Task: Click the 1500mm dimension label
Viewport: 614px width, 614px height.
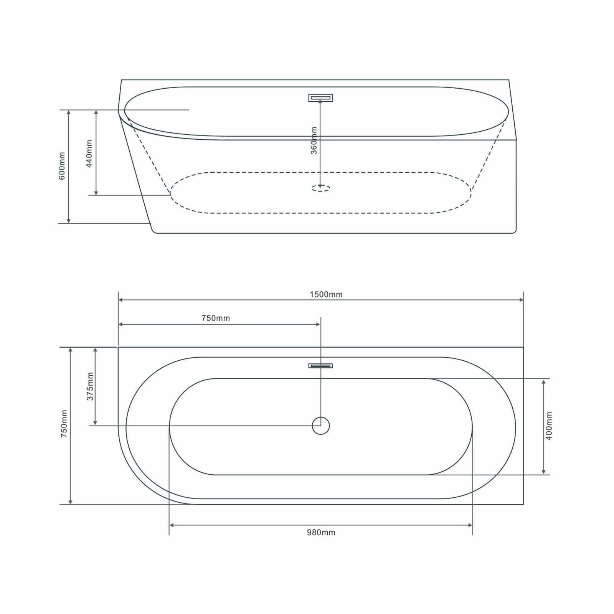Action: click(326, 294)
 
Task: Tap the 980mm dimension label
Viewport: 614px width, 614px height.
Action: click(321, 532)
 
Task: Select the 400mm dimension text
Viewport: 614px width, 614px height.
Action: click(549, 426)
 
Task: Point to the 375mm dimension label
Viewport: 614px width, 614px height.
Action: click(90, 386)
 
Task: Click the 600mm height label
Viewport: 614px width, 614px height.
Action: click(62, 166)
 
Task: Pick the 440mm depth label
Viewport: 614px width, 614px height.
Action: click(89, 153)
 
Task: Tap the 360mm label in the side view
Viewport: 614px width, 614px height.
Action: click(314, 140)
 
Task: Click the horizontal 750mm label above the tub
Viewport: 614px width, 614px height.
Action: click(216, 318)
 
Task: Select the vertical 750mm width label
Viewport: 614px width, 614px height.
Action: click(64, 424)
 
